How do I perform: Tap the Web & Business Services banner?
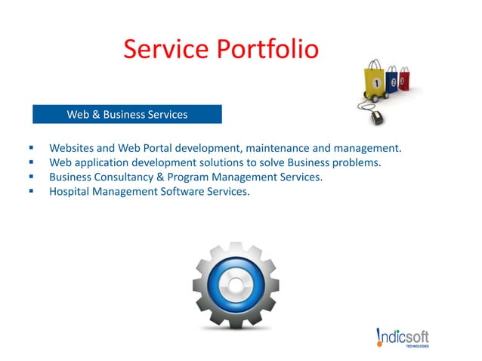pyautogui.click(x=127, y=115)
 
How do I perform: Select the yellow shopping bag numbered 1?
pyautogui.click(x=375, y=82)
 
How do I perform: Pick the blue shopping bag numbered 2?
pyautogui.click(x=392, y=81)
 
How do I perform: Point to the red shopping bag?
pyautogui.click(x=404, y=79)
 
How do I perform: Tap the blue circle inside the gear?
pyautogui.click(x=235, y=286)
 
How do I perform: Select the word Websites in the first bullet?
pyautogui.click(x=73, y=148)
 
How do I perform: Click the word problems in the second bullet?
pyautogui.click(x=353, y=162)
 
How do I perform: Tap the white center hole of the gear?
pyautogui.click(x=235, y=286)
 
